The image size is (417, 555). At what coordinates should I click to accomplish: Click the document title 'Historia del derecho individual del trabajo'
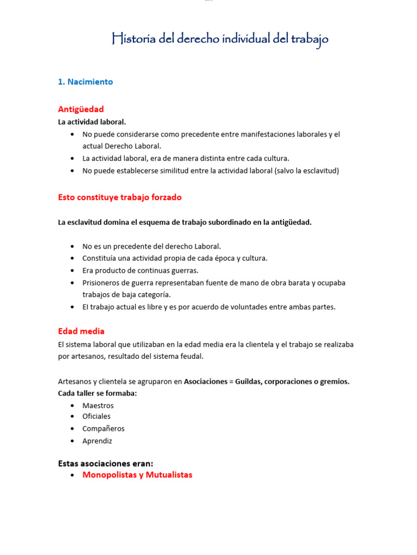pos(220,39)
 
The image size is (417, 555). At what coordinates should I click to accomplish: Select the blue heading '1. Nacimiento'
pos(85,82)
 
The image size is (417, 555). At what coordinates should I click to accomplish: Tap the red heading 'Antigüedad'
pos(81,109)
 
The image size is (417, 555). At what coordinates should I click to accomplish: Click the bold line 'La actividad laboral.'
pos(92,122)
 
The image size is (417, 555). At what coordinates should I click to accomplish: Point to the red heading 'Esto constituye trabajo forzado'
pos(119,197)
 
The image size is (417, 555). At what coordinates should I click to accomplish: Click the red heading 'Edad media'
pos(81,331)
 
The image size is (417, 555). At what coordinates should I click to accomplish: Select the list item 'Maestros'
pos(98,405)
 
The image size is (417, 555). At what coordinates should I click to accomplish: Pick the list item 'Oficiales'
pos(96,416)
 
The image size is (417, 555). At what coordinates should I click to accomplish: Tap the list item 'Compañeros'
pos(103,429)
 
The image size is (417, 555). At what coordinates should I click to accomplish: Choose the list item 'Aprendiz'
pos(97,441)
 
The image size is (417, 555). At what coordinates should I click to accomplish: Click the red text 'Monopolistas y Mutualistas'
pos(137,475)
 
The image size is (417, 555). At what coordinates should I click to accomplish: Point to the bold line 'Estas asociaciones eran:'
pos(105,463)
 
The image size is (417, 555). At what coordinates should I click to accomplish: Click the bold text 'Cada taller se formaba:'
pos(97,393)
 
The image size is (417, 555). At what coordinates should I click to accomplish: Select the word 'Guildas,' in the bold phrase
pos(250,382)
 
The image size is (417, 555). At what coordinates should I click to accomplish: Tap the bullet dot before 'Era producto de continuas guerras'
pos(73,270)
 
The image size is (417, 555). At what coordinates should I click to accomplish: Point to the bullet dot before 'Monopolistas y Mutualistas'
pos(73,475)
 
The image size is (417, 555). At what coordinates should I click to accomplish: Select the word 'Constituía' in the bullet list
pos(99,259)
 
